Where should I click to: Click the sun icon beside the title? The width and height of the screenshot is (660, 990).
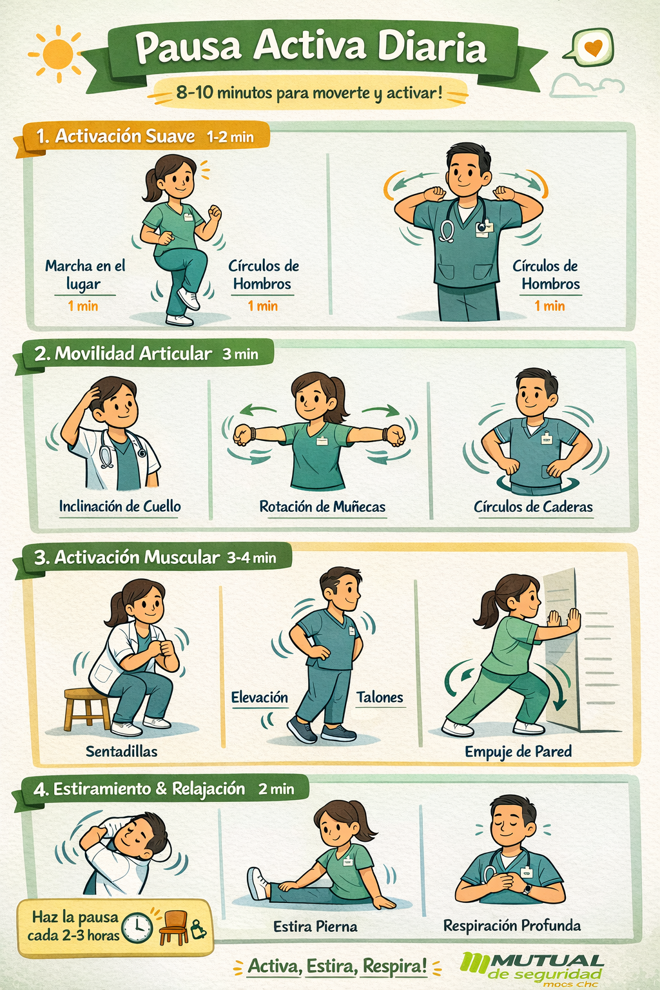pos(57,54)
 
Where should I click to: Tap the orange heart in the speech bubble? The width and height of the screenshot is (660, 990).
pos(593,46)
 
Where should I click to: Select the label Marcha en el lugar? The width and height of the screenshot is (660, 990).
pos(85,275)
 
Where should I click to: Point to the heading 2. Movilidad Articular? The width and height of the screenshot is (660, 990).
pos(123,354)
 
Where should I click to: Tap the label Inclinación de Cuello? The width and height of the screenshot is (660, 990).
pos(120,506)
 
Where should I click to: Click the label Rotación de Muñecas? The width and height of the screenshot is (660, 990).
pos(322,507)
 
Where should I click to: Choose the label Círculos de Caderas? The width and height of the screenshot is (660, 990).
pos(533,507)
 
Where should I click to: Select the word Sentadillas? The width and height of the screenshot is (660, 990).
pos(122,751)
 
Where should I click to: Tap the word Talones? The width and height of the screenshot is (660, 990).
pos(380,697)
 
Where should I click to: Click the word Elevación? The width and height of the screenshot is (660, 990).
pos(260,697)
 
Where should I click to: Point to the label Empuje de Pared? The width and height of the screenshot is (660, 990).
pos(518,752)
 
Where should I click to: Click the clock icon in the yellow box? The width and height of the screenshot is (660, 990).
pos(137,927)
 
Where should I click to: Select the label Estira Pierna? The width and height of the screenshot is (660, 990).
pos(315,926)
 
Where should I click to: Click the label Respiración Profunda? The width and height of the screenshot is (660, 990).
pos(512,925)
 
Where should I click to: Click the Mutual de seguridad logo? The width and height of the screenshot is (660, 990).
pos(531,969)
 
